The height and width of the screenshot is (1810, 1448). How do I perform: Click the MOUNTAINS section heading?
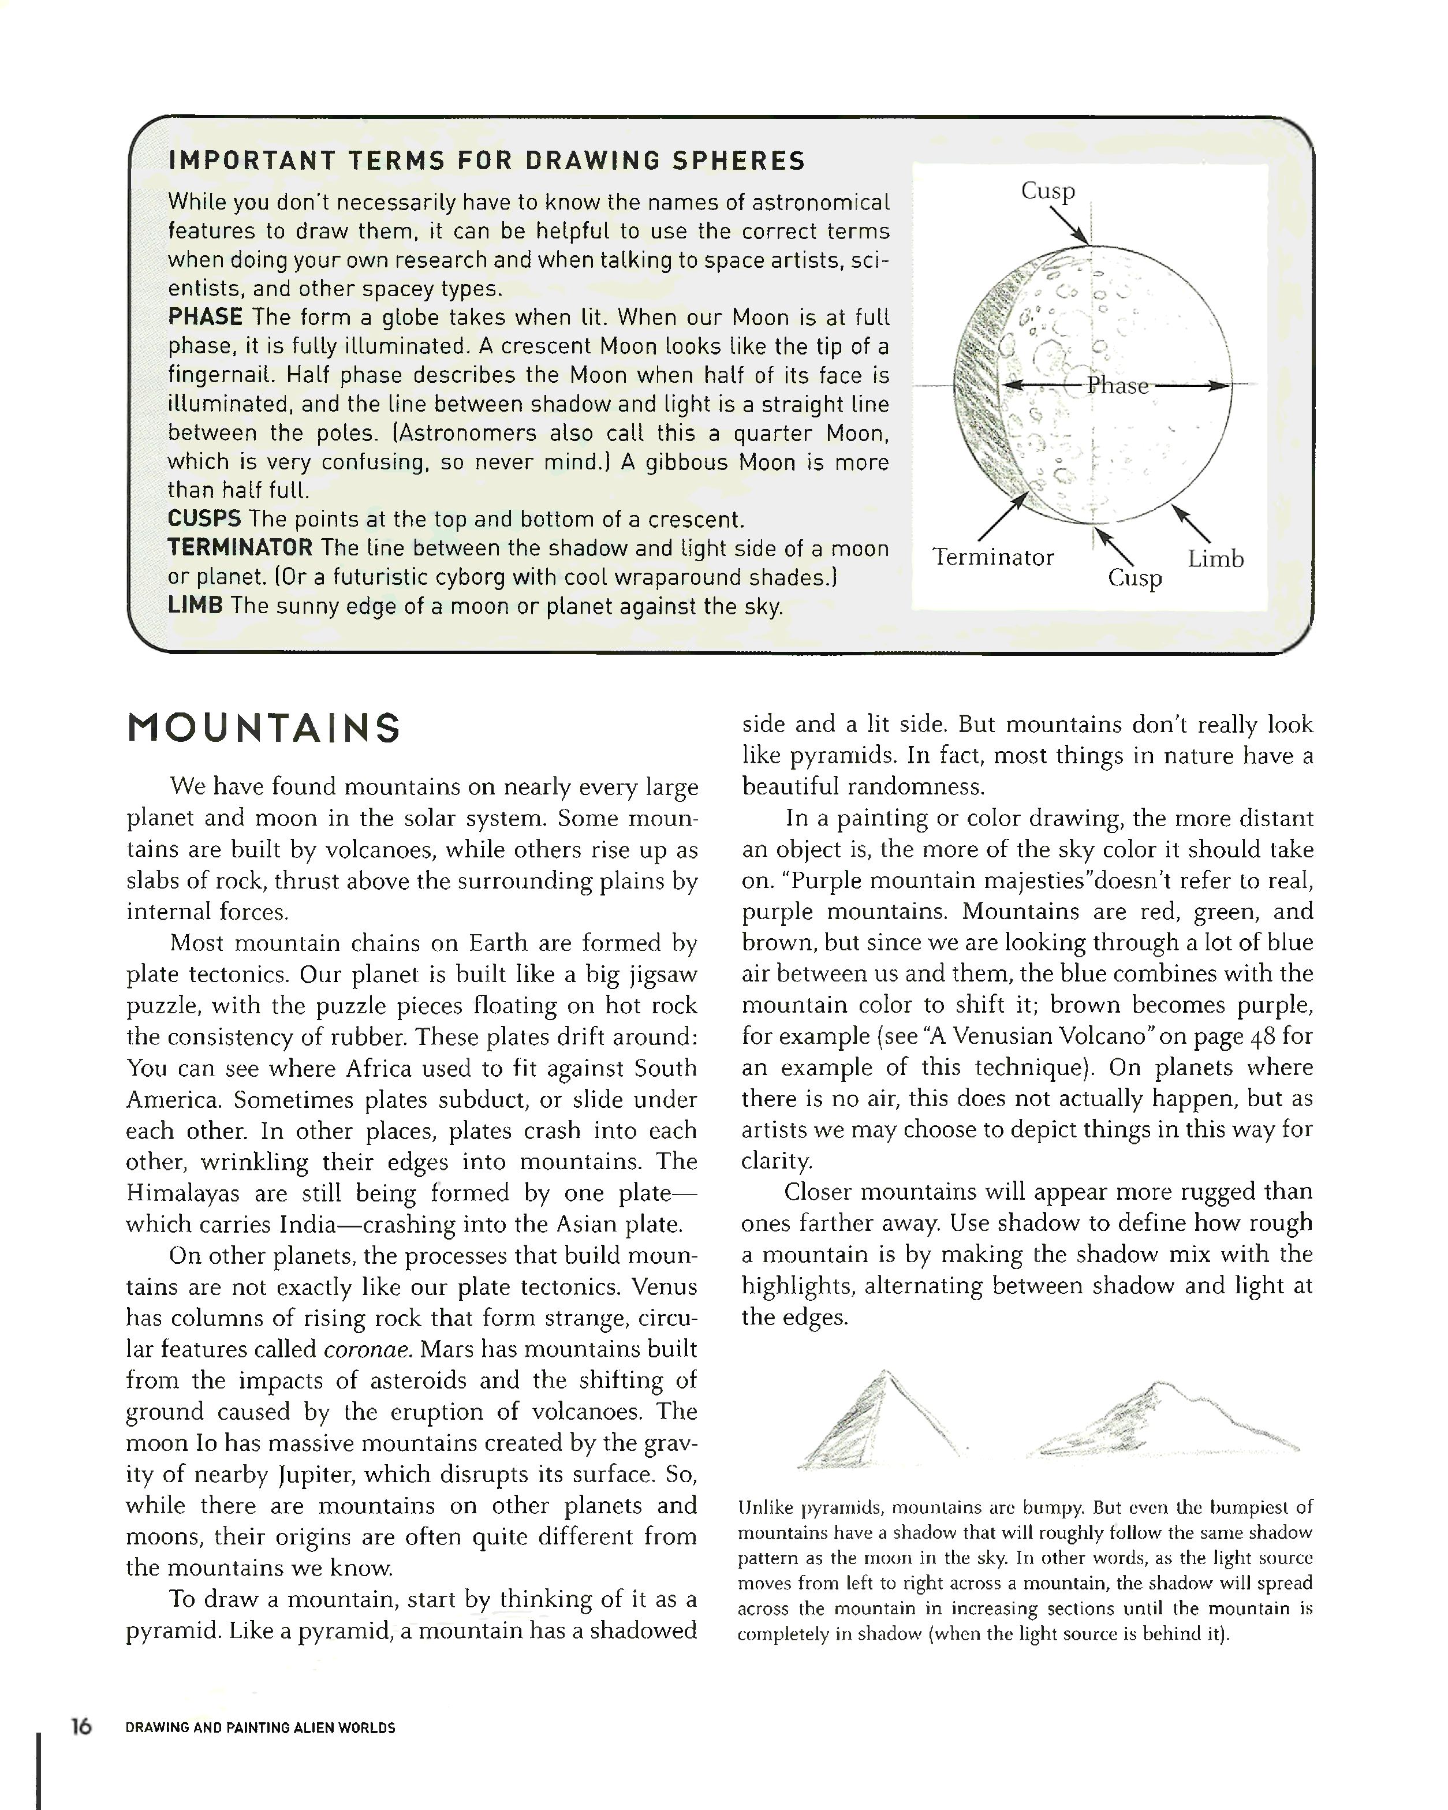(264, 729)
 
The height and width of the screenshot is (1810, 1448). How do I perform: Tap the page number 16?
(81, 1726)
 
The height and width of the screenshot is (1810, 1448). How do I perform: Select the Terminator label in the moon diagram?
(993, 558)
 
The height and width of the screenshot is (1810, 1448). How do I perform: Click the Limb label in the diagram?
(1215, 559)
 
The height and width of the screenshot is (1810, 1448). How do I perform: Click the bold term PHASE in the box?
(205, 318)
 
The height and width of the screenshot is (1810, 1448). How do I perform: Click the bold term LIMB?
(195, 605)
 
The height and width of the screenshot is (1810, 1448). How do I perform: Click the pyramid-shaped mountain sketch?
(877, 1419)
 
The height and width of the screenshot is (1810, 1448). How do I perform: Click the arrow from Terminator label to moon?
(1002, 516)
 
